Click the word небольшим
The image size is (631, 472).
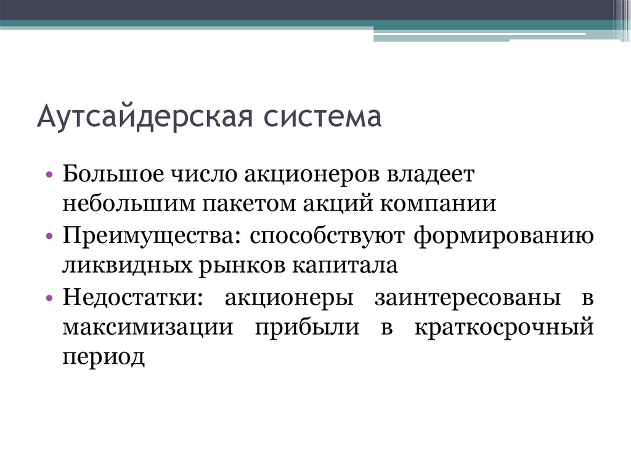126,204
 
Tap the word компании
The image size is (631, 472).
441,204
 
